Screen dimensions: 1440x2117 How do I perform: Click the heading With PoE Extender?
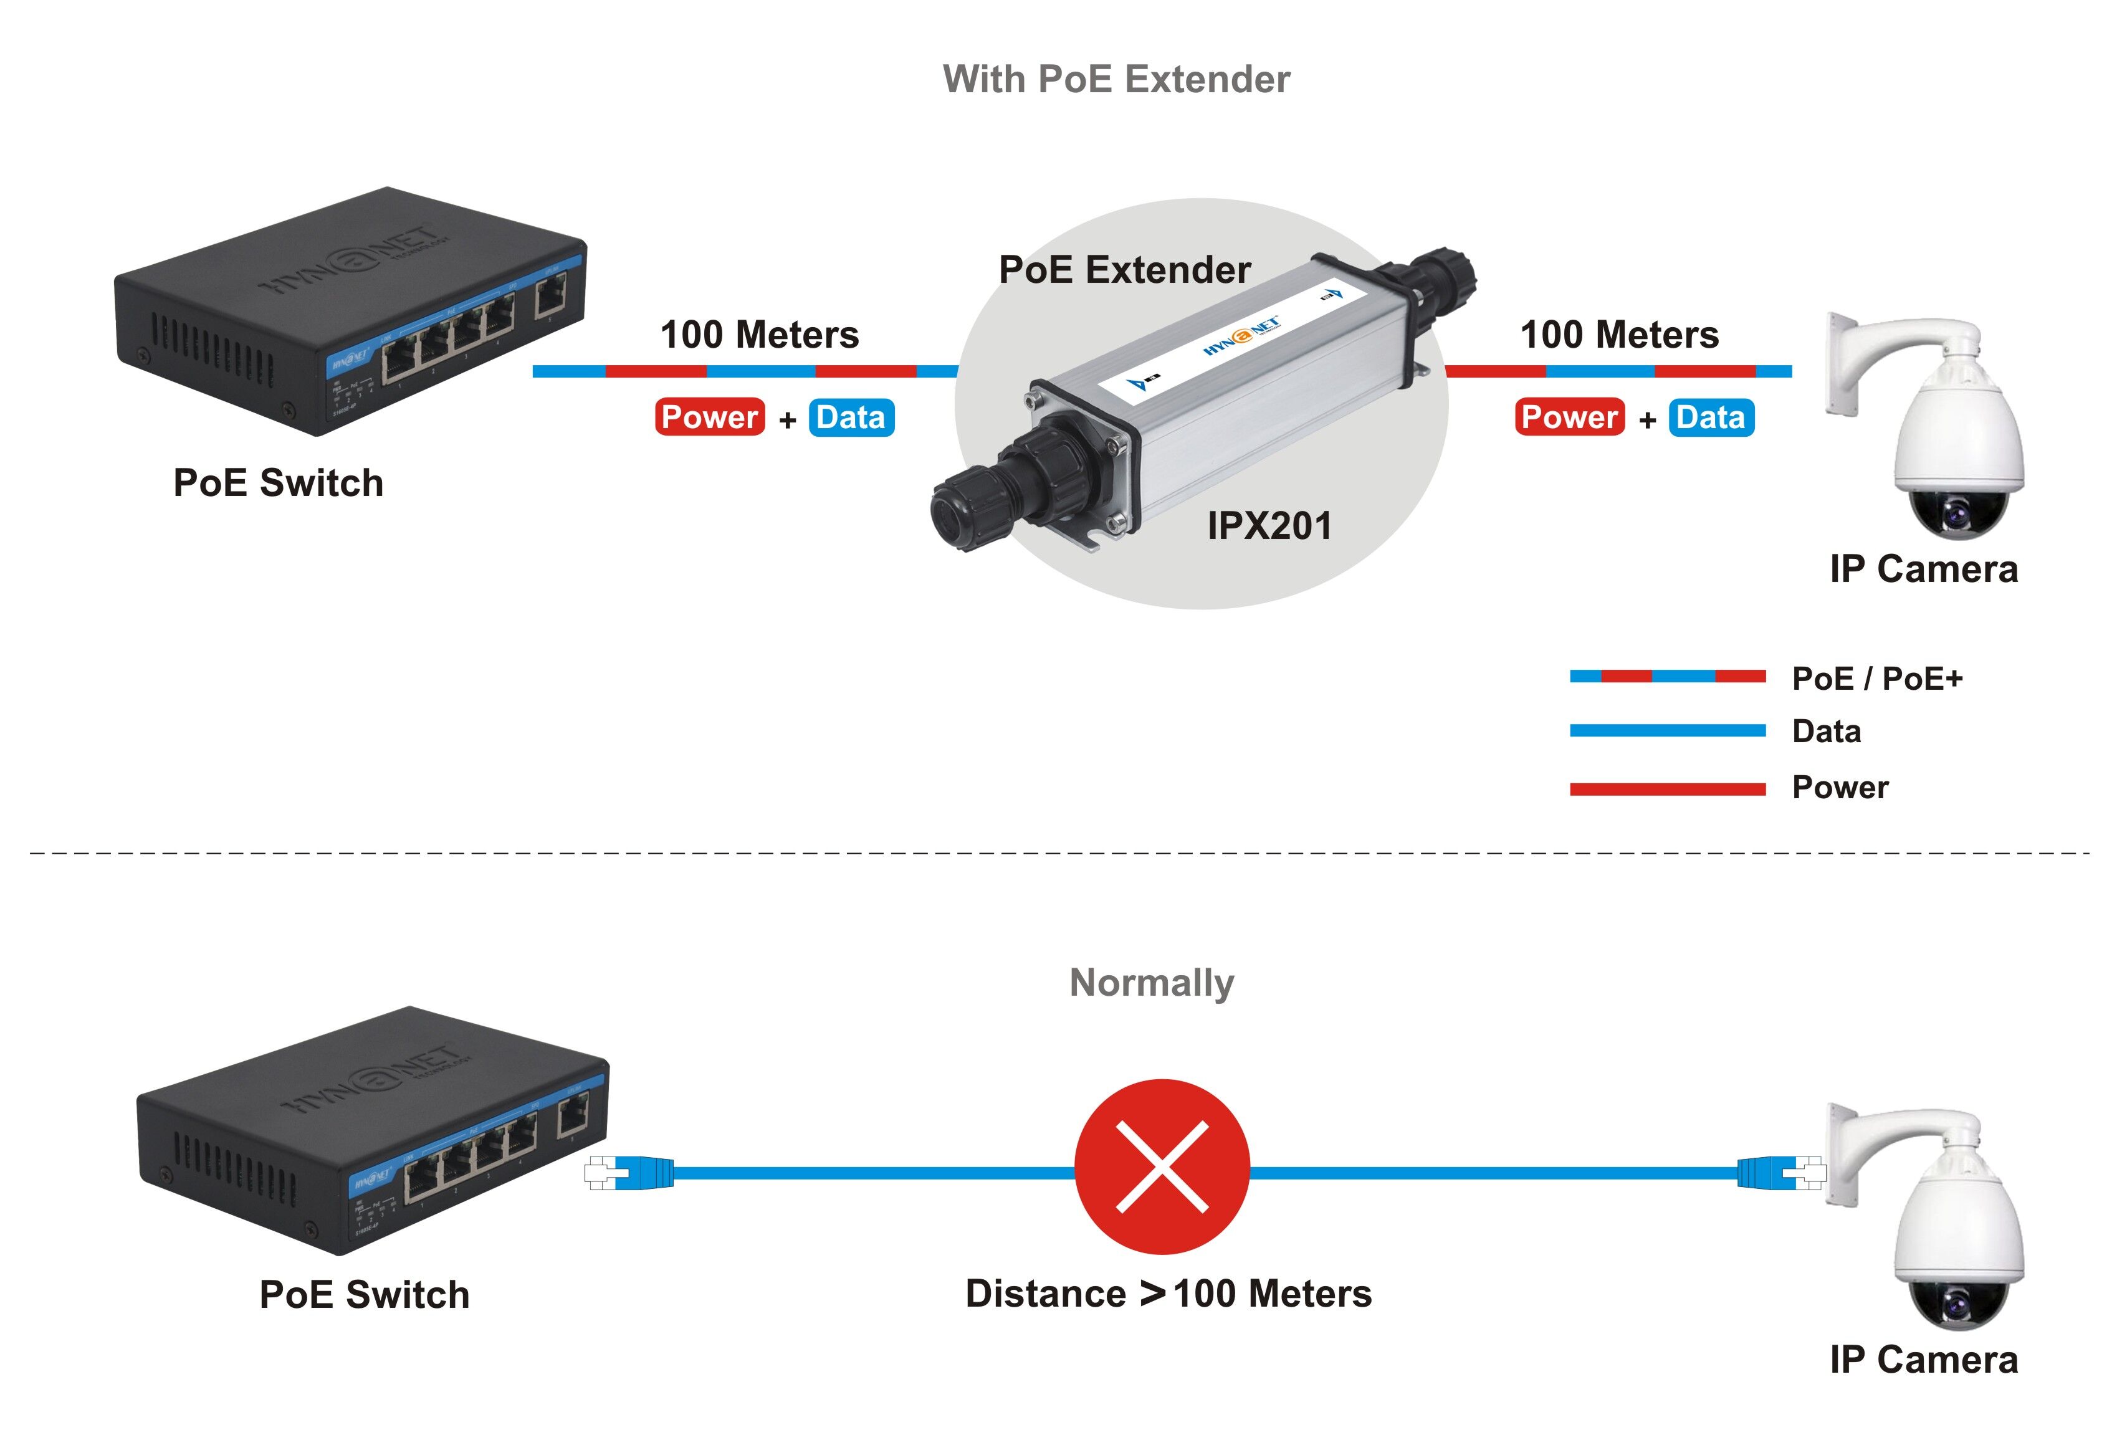point(1116,79)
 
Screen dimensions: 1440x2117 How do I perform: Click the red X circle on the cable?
point(1162,1166)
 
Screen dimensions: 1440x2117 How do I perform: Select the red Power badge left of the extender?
point(710,417)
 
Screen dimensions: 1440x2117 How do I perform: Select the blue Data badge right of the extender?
point(1711,417)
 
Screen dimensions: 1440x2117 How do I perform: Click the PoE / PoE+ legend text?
point(1876,679)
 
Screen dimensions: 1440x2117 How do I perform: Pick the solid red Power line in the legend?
point(1667,789)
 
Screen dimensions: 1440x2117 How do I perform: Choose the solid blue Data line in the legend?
point(1667,730)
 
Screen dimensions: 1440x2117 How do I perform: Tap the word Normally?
point(1152,983)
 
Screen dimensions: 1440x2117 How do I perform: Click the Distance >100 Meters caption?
point(1168,1294)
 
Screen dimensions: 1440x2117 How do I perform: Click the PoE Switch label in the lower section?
point(365,1294)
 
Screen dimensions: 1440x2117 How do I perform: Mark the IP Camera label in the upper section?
point(1923,570)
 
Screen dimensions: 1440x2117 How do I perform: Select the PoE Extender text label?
point(1124,270)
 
